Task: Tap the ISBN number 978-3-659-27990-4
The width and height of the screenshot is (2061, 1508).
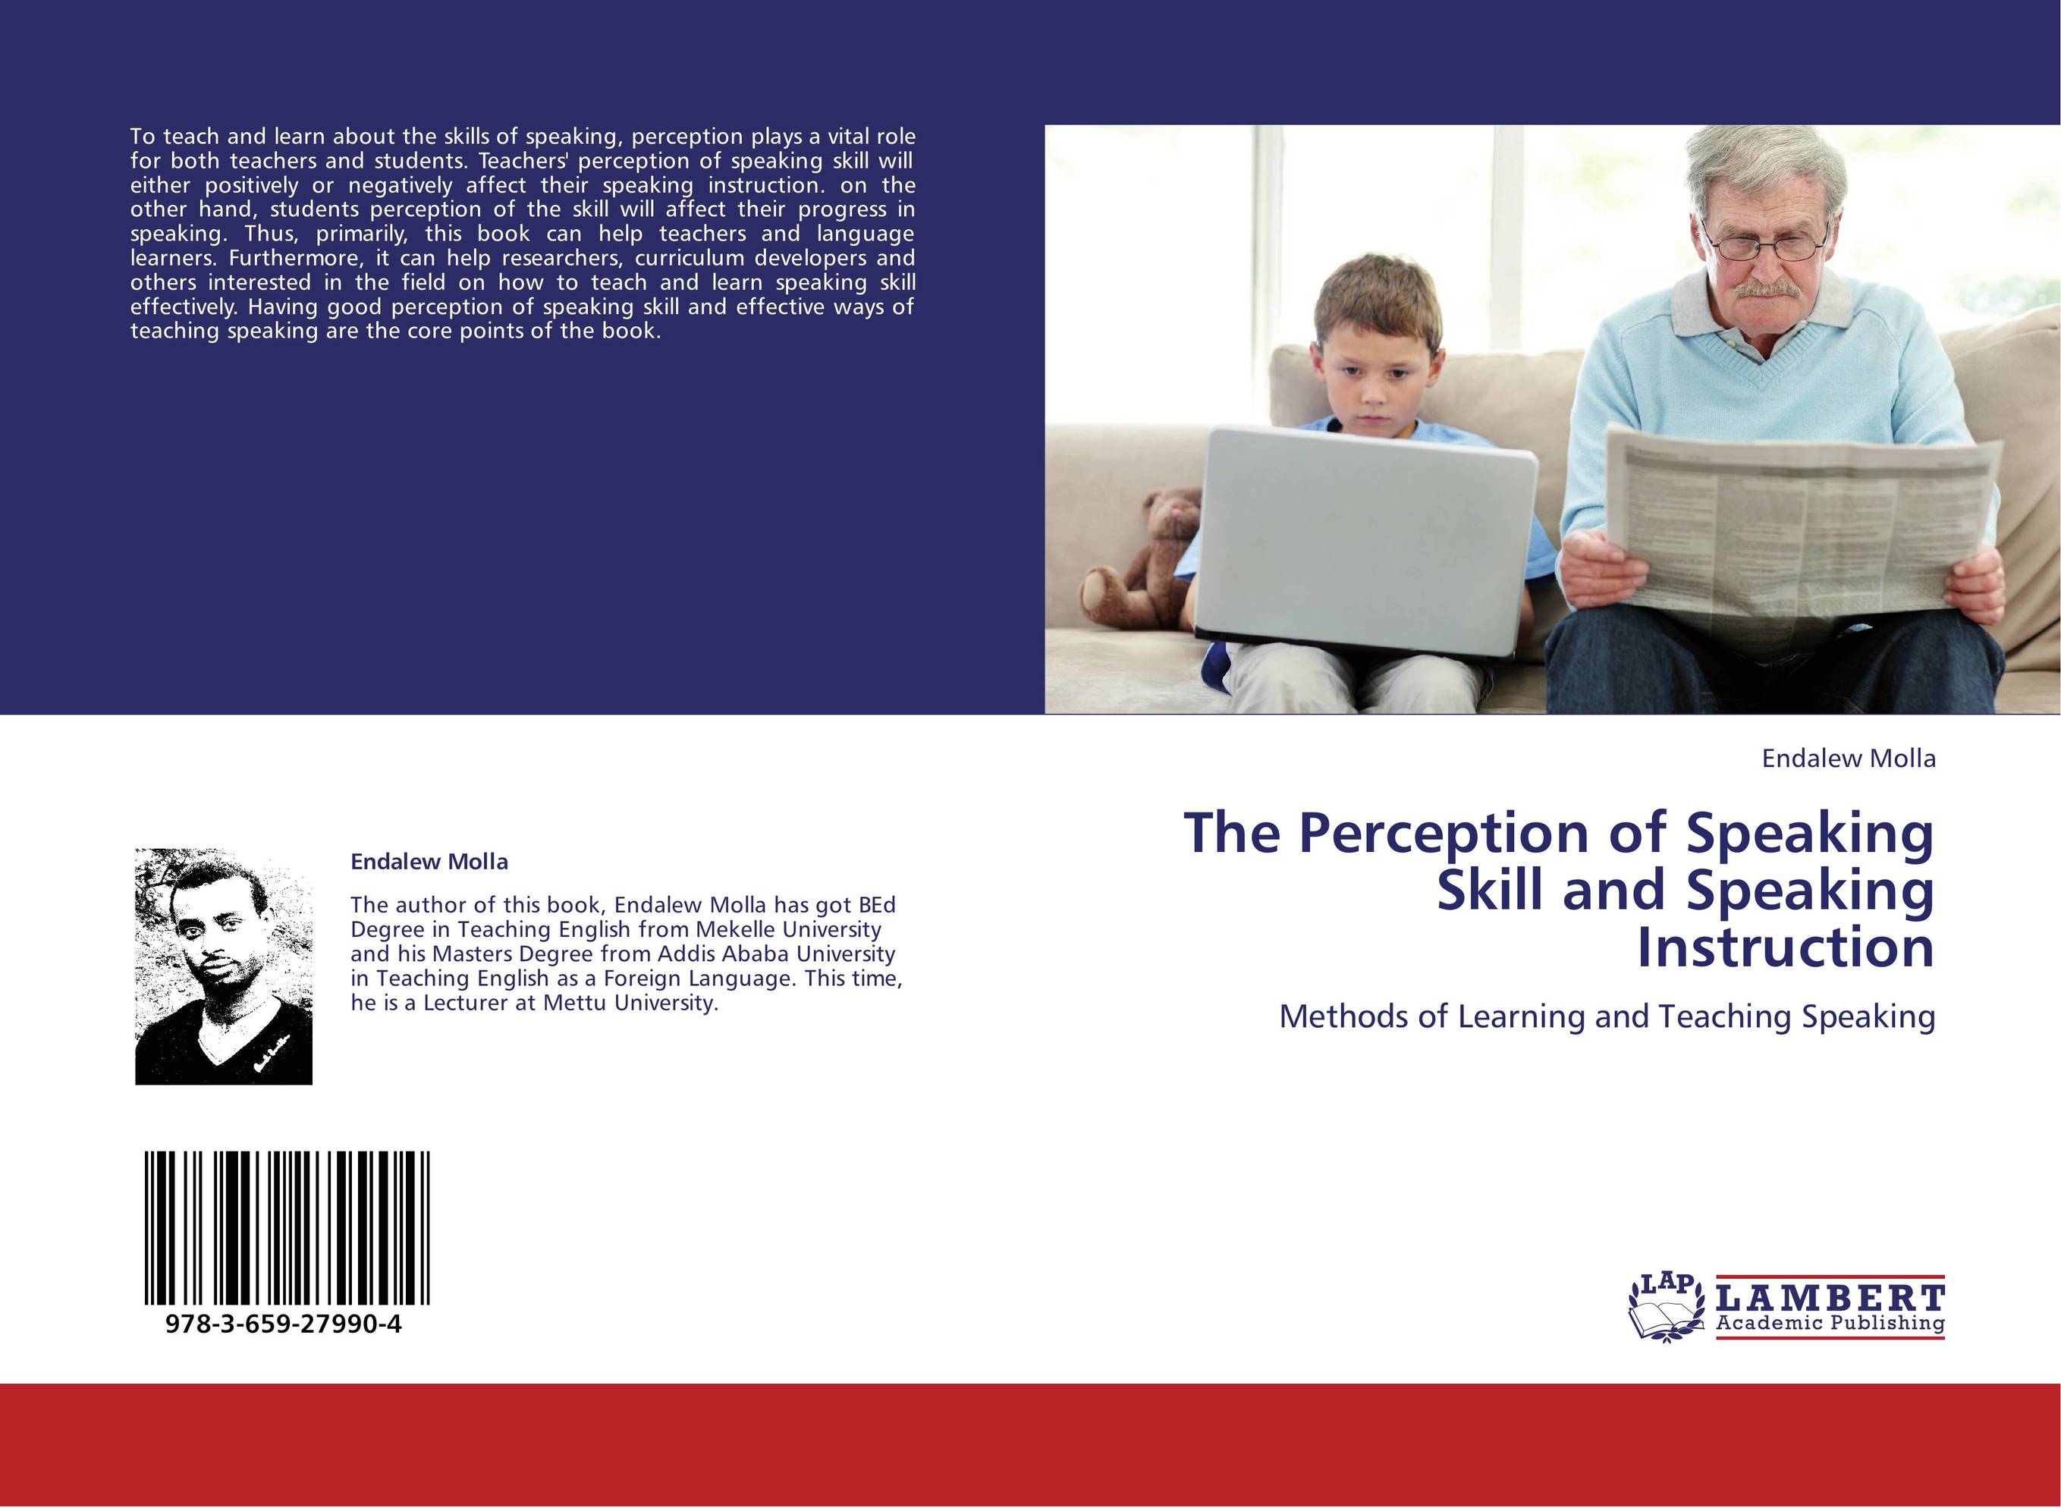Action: [284, 1324]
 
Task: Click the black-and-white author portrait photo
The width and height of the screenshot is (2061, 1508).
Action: [224, 966]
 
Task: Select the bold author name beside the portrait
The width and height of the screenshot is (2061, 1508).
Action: [429, 862]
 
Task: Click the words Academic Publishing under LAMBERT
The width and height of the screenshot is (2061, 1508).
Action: [1830, 1323]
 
